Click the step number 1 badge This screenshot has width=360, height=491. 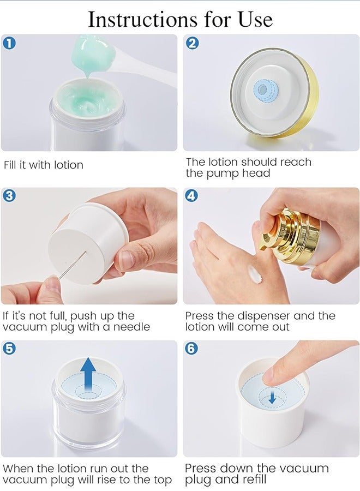(9, 43)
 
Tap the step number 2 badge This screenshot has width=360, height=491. (192, 43)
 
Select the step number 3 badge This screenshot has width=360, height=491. (9, 196)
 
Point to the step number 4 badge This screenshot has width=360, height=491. (191, 196)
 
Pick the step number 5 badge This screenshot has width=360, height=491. (9, 349)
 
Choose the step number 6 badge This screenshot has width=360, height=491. (191, 349)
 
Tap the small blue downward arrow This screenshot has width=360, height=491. (272, 398)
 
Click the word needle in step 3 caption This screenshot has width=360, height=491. (131, 327)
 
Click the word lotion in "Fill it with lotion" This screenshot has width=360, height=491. (69, 165)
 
